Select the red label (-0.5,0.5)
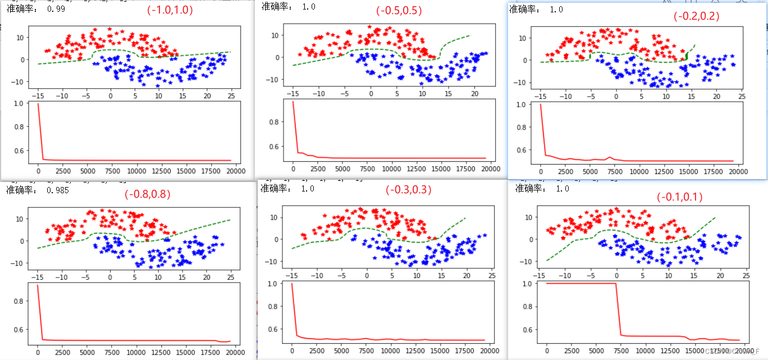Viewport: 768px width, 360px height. click(x=399, y=11)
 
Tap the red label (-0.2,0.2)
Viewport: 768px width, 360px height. click(x=696, y=16)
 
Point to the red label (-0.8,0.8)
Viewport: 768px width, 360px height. click(x=147, y=195)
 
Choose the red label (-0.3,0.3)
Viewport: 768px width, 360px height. click(x=408, y=190)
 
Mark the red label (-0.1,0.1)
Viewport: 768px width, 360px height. click(x=679, y=197)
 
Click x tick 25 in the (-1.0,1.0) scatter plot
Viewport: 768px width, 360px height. click(x=231, y=96)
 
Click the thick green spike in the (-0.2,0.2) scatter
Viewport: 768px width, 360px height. click(x=687, y=55)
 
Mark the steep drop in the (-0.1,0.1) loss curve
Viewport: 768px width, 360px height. click(x=618, y=309)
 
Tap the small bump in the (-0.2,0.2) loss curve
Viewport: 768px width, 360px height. click(x=610, y=157)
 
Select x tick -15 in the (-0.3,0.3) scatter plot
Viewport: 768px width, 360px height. click(x=292, y=275)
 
